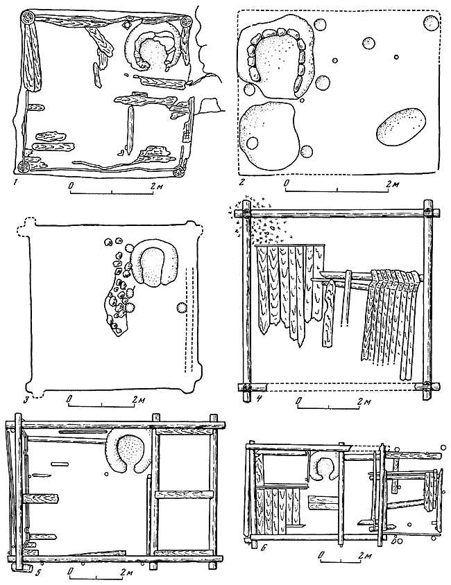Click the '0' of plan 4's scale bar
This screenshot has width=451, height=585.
[298, 401]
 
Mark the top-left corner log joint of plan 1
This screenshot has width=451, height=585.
[28, 17]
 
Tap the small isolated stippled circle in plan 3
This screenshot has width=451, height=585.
[182, 308]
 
